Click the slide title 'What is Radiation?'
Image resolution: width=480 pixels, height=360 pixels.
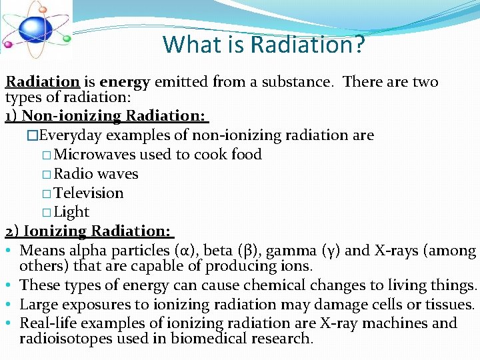point(264,45)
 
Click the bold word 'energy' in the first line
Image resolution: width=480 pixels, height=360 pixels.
point(125,82)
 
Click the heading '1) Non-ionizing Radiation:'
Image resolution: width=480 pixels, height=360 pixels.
point(107,116)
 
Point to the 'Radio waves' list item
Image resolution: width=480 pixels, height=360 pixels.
point(96,174)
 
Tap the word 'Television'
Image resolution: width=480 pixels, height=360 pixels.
point(89,193)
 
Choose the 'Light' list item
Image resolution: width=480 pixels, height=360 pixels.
point(71,212)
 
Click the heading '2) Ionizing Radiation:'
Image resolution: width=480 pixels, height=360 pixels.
point(89,231)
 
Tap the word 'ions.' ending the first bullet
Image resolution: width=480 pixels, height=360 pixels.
point(295,266)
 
